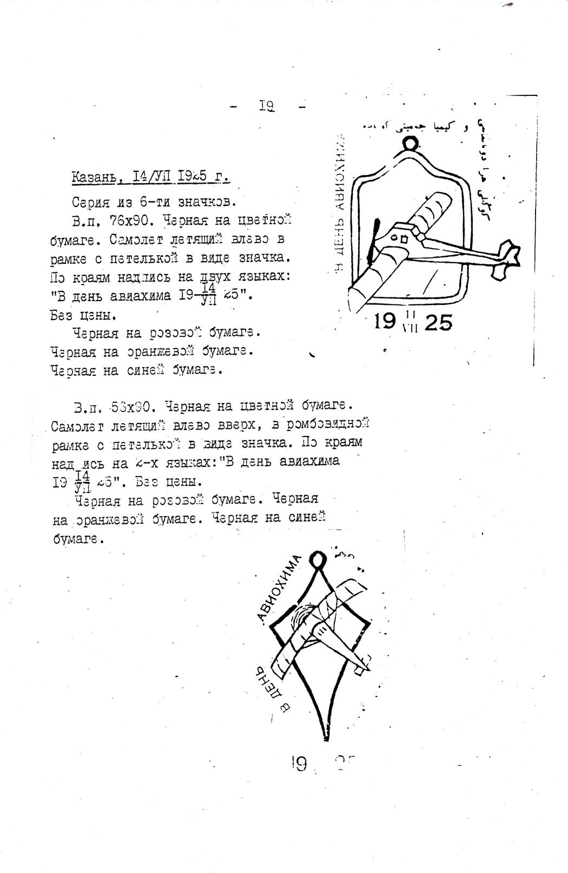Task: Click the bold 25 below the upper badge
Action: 438,323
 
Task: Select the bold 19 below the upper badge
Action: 385,322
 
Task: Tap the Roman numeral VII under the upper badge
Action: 411,328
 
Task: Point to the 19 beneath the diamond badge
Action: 299,764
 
